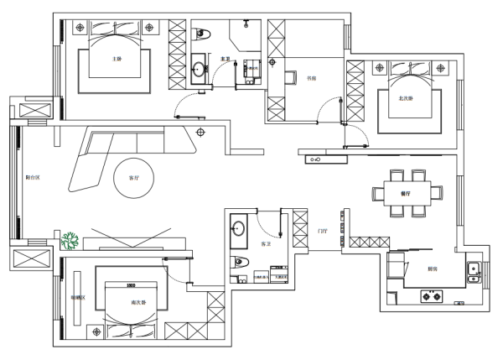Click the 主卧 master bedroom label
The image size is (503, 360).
(117, 60)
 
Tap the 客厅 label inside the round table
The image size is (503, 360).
(133, 178)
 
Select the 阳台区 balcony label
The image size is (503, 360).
(33, 178)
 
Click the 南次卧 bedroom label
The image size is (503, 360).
(138, 303)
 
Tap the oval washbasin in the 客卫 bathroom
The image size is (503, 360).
(238, 228)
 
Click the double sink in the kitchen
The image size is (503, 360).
(472, 273)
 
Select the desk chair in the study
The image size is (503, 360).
(292, 79)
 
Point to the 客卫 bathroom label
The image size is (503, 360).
(266, 244)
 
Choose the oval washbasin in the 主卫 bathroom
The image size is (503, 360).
(198, 69)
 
